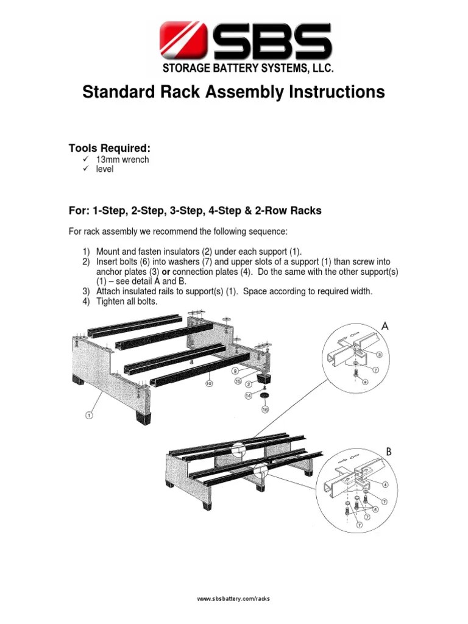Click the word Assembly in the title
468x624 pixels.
245,92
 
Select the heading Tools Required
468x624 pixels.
110,149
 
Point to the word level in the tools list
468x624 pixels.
104,169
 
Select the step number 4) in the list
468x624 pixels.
87,301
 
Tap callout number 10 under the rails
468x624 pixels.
208,383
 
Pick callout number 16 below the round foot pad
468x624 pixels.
265,409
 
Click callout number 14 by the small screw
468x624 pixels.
249,395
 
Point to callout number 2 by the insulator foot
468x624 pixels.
249,385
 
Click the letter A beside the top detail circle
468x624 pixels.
385,327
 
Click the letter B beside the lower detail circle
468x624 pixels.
388,452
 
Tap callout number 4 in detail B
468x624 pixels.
385,485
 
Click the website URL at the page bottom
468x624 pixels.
233,599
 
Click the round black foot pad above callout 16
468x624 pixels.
265,396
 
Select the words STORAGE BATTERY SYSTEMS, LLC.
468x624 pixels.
248,69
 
